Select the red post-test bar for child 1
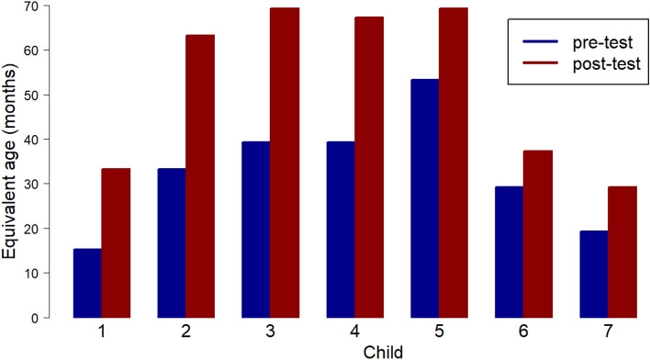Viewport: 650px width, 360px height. click(x=116, y=242)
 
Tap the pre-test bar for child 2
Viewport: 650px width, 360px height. click(x=172, y=242)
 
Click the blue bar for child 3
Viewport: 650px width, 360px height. click(x=256, y=230)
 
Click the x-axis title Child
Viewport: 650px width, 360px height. click(x=354, y=350)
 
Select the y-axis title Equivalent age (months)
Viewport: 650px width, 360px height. click(x=11, y=161)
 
